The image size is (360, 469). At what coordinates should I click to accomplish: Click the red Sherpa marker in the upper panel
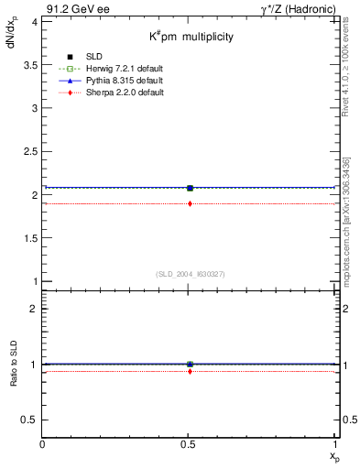190,203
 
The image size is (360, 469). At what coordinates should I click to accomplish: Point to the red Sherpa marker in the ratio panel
190,371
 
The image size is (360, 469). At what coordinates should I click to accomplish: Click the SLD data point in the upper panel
190,188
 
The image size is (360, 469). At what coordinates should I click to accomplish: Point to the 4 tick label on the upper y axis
33,21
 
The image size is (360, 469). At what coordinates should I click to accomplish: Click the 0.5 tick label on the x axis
190,444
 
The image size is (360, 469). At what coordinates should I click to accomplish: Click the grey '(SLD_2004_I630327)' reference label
190,274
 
